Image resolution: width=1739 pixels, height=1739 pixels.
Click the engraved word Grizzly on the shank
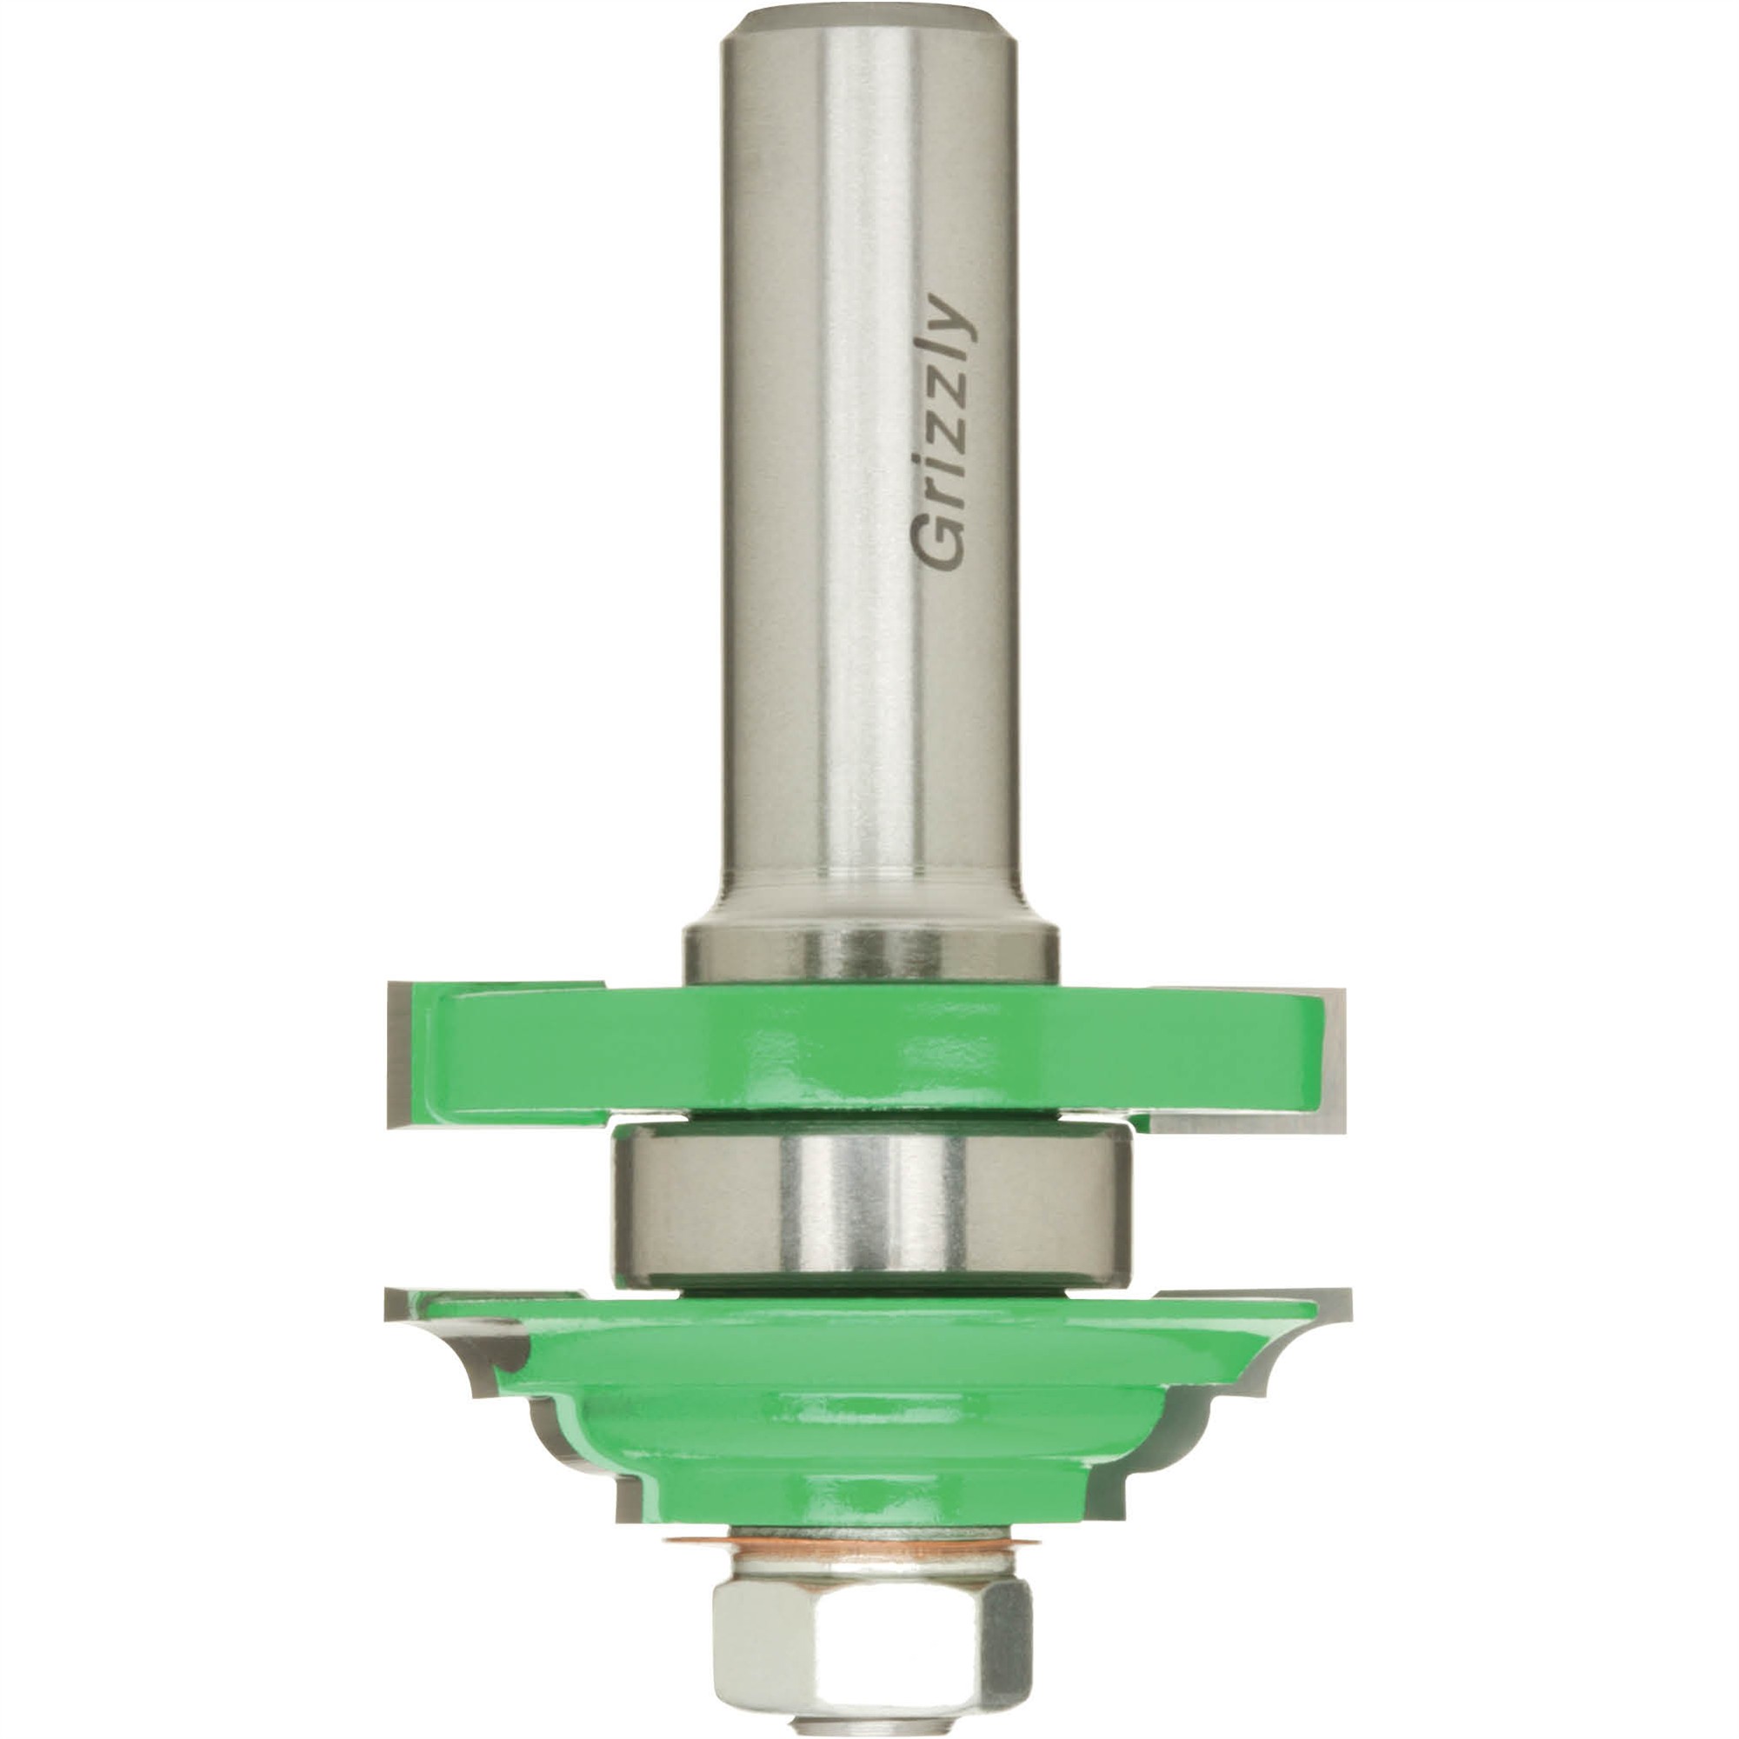(x=943, y=433)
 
